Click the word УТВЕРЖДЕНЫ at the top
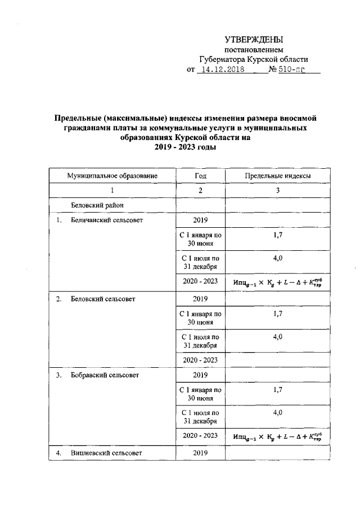pos(254,39)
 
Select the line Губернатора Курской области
pos(254,60)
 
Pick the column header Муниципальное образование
pos(112,176)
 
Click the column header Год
pos(200,176)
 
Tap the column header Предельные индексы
pos(277,176)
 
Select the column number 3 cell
pos(277,191)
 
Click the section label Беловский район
pos(97,205)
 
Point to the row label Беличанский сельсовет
pos(107,220)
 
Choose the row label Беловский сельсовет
pos(103,299)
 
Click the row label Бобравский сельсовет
pos(105,374)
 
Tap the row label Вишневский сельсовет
pos(106,453)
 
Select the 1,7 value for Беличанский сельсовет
pos(277,235)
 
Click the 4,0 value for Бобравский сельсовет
pos(277,412)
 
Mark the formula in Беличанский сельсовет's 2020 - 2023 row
pos(277,282)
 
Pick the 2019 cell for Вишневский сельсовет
pos(200,453)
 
